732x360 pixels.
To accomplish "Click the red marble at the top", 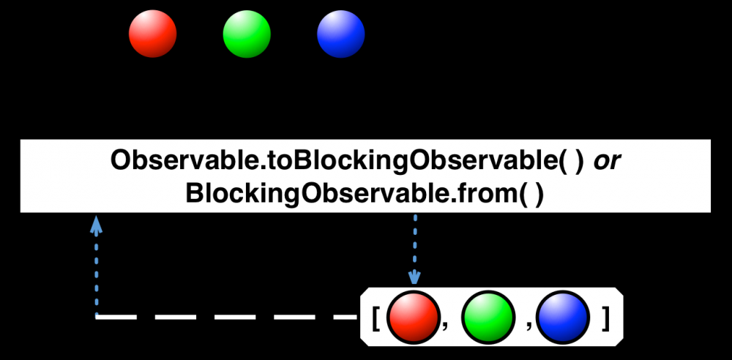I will pos(153,34).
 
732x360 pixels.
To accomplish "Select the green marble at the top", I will pos(247,34).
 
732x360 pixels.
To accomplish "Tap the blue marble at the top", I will pos(340,34).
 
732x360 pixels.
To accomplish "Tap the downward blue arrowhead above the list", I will pos(415,277).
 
